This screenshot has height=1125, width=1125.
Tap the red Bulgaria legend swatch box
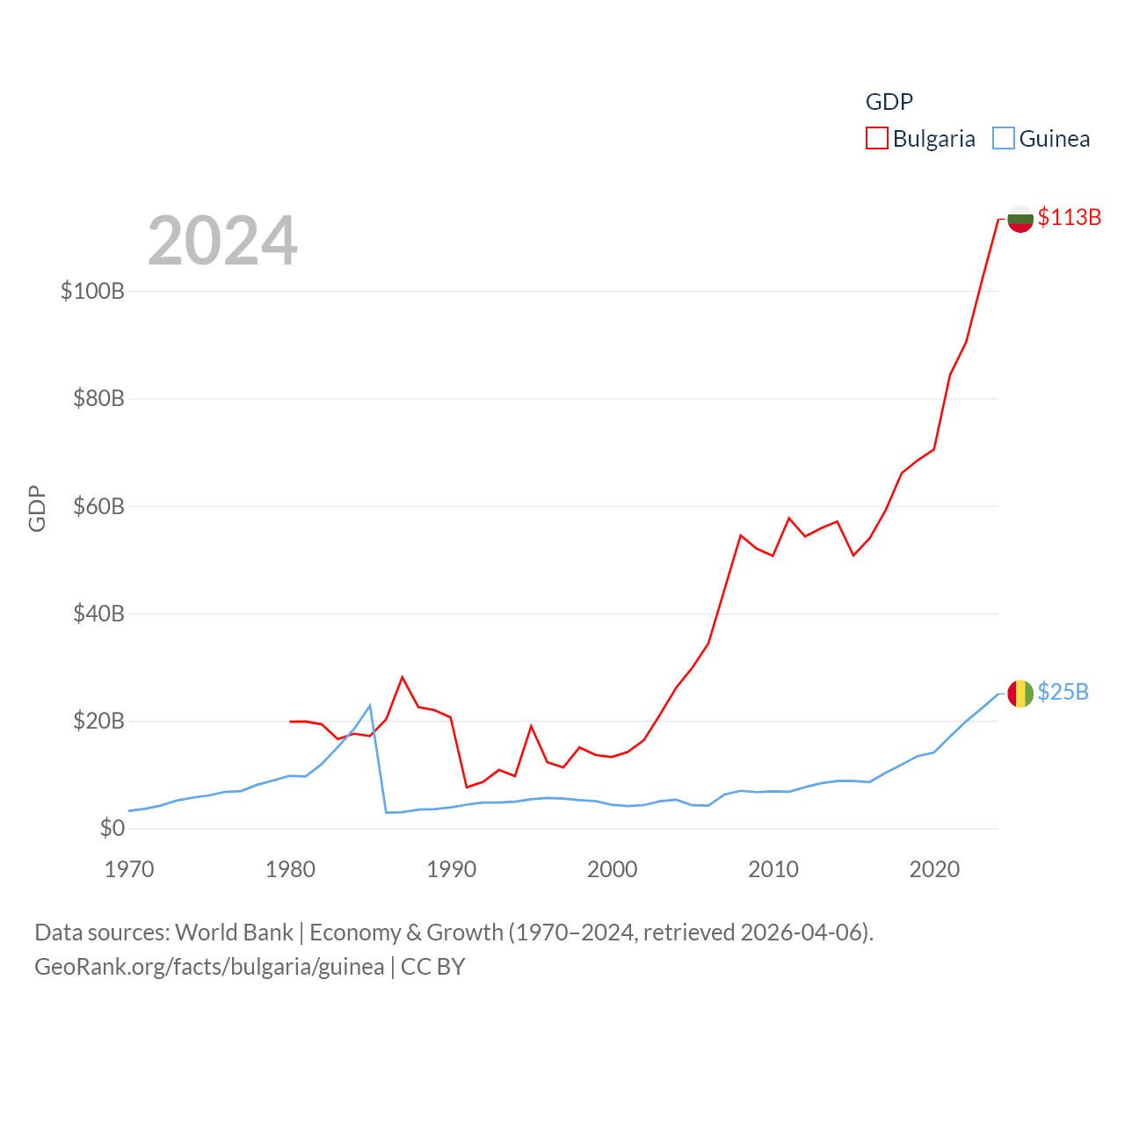point(877,138)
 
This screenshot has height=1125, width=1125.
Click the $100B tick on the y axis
point(92,291)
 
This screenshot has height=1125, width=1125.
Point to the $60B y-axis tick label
point(98,506)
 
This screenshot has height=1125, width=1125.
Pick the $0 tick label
point(112,828)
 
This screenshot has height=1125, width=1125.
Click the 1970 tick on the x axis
point(129,869)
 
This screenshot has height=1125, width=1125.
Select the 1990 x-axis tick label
point(451,869)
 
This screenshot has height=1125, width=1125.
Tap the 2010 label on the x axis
point(773,869)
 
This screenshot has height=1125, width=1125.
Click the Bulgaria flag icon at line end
point(1020,219)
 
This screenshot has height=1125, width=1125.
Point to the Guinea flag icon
point(1020,693)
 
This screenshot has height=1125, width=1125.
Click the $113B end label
point(1069,217)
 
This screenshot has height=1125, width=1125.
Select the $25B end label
point(1063,692)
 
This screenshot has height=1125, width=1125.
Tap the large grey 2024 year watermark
point(222,241)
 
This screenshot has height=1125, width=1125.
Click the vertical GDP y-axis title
point(37,508)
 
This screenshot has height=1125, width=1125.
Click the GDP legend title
point(889,102)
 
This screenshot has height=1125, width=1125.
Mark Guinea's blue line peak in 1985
point(370,706)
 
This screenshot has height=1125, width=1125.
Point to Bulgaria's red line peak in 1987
point(403,677)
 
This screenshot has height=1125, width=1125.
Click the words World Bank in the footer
point(234,932)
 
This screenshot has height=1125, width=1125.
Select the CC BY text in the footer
point(432,967)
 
